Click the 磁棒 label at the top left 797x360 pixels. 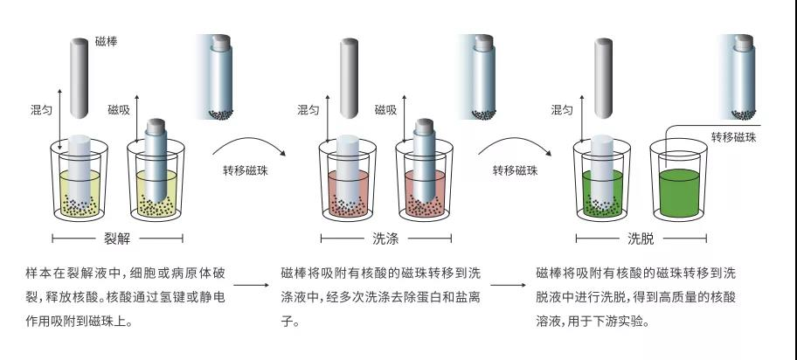(x=105, y=41)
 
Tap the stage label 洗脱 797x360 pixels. (x=641, y=238)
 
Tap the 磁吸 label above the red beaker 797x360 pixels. (x=385, y=110)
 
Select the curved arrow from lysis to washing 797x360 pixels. (x=242, y=140)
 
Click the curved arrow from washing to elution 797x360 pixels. (x=512, y=140)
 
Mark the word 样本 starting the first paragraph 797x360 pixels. (x=38, y=273)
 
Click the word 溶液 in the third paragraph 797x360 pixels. (x=547, y=322)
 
